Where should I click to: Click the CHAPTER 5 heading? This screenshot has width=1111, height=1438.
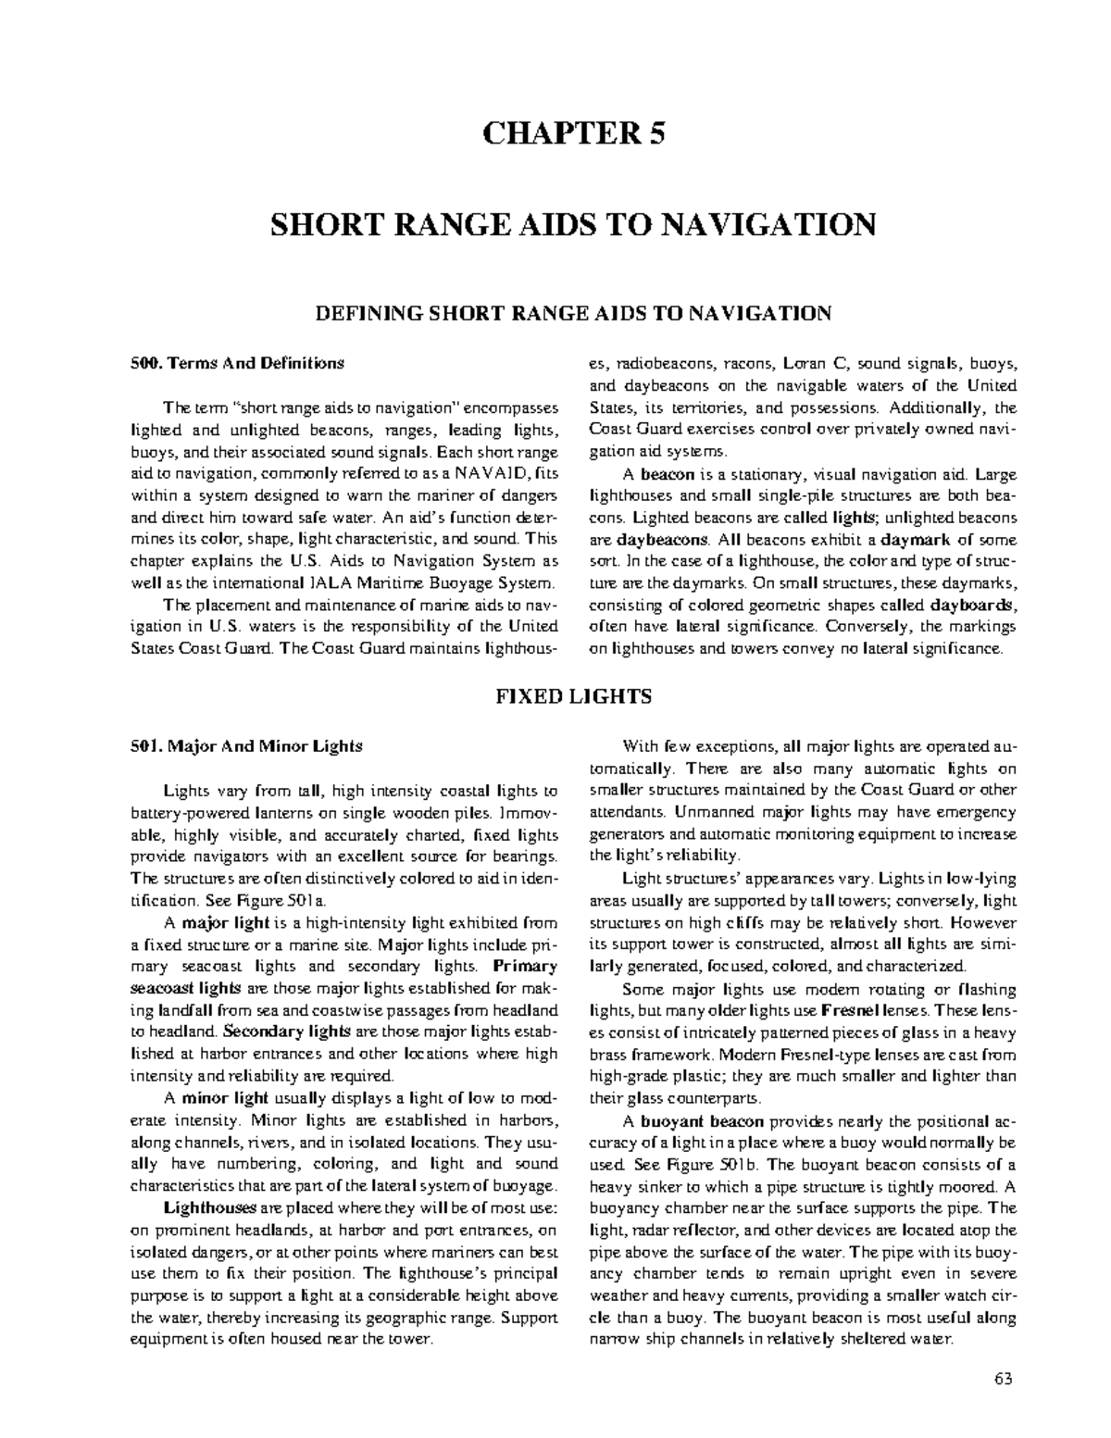572,133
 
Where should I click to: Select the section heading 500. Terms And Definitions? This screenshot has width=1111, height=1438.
236,363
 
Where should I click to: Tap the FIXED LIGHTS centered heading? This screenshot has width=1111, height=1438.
572,695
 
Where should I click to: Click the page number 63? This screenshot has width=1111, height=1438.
1004,1378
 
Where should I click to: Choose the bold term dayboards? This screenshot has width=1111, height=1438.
972,605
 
